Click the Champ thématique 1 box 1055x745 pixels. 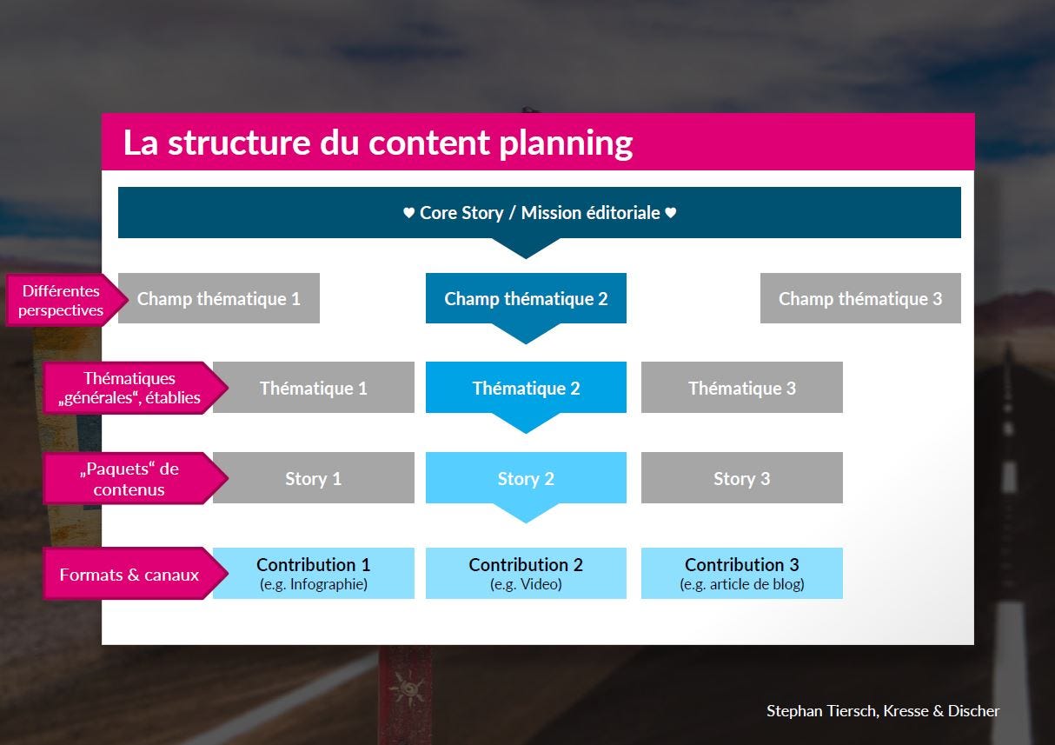coord(219,298)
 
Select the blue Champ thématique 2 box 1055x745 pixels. coord(526,298)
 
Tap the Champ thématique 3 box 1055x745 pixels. coord(860,298)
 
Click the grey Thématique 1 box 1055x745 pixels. coord(314,388)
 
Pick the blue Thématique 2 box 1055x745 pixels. coord(526,388)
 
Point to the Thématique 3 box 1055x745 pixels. coord(742,388)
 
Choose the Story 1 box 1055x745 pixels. coord(314,478)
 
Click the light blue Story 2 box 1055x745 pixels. coord(526,478)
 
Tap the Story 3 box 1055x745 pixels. coord(742,478)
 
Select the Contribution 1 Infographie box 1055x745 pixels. coord(314,573)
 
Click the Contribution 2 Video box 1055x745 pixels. coord(526,573)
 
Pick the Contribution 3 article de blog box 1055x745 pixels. coord(742,573)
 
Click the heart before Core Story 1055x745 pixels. coord(408,212)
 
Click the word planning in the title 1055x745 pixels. coord(566,143)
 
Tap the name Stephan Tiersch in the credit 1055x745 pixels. coord(821,710)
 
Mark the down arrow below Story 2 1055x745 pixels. coord(526,513)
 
